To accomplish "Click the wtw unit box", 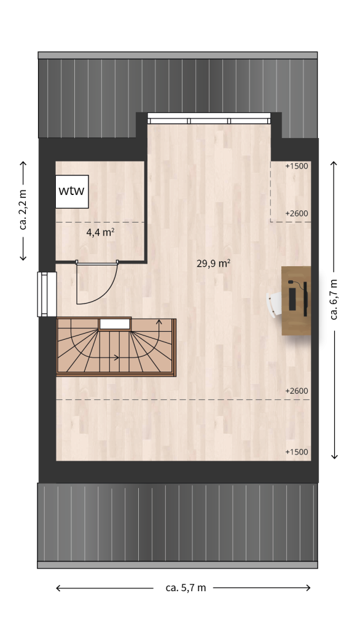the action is pyautogui.click(x=72, y=191).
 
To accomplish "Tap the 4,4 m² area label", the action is pyautogui.click(x=101, y=232).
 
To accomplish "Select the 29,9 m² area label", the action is pyautogui.click(x=214, y=263).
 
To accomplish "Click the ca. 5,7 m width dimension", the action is pyautogui.click(x=186, y=588).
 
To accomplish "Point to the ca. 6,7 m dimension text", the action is pyautogui.click(x=334, y=299).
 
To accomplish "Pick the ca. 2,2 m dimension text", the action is pyautogui.click(x=23, y=210).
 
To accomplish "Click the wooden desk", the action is pyautogui.click(x=296, y=301).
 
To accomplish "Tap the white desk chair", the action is pyautogui.click(x=275, y=305).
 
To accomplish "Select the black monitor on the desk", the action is pyautogui.click(x=305, y=299).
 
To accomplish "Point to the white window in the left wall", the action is pyautogui.click(x=47, y=294).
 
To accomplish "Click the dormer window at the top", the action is pyautogui.click(x=209, y=118).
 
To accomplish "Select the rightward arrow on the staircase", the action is pyautogui.click(x=108, y=358).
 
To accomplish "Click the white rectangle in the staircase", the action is pyautogui.click(x=115, y=324).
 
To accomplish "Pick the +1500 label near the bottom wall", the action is pyautogui.click(x=297, y=452).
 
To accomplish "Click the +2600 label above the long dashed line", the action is pyautogui.click(x=297, y=391).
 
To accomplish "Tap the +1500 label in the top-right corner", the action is pyautogui.click(x=297, y=166).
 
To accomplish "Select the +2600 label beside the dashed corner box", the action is pyautogui.click(x=297, y=213).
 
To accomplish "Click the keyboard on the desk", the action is pyautogui.click(x=292, y=299).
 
